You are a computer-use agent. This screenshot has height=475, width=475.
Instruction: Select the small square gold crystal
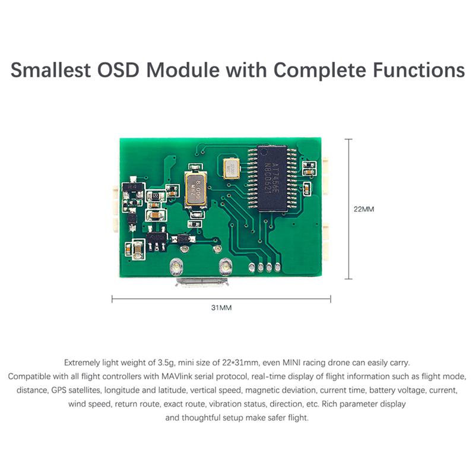(229, 167)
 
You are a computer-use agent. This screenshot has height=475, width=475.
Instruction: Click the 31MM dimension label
(221, 309)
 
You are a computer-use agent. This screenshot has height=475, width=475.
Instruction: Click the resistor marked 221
(156, 197)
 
